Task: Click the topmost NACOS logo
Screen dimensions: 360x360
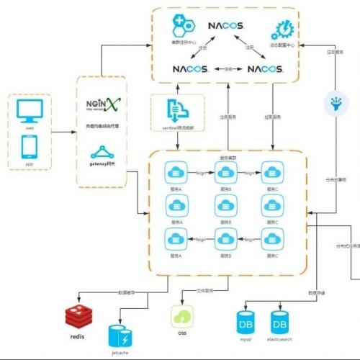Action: pyautogui.click(x=227, y=26)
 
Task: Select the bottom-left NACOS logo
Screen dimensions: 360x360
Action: pyautogui.click(x=191, y=69)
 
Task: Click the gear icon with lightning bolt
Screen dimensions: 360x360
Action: pyautogui.click(x=279, y=30)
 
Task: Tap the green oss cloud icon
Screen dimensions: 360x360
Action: pyautogui.click(x=181, y=316)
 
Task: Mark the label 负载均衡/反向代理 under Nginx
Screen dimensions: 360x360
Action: pyautogui.click(x=101, y=125)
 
